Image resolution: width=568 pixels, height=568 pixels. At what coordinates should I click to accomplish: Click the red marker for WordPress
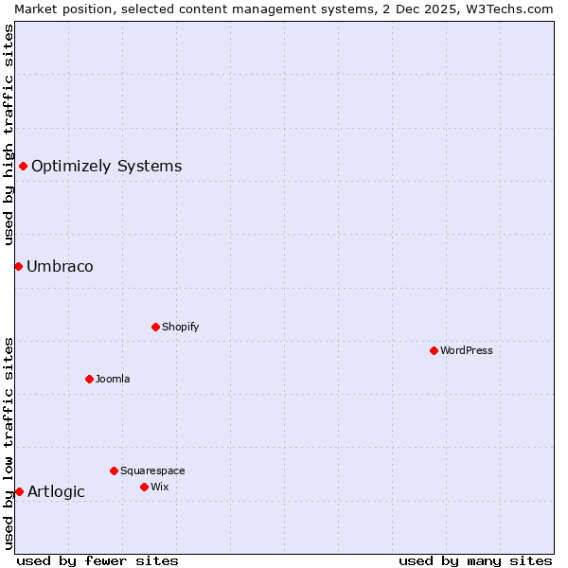(434, 350)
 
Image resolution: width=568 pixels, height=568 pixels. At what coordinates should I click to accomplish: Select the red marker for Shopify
(155, 327)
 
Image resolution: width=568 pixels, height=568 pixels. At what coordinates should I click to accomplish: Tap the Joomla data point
(89, 379)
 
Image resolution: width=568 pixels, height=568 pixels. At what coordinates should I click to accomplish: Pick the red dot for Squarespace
(114, 470)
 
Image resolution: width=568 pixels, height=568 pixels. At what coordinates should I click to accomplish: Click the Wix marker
(144, 487)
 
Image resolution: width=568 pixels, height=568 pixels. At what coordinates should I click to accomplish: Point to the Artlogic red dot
(19, 491)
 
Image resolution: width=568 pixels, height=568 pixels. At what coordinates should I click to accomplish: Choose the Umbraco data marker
(18, 266)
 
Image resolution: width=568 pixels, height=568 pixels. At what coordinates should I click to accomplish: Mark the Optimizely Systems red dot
(23, 167)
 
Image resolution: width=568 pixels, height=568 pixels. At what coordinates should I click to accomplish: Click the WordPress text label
(467, 350)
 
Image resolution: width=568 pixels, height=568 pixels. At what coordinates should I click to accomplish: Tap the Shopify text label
(180, 327)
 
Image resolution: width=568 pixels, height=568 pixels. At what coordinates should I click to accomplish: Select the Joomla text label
(113, 379)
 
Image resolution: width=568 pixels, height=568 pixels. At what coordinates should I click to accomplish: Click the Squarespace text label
(152, 470)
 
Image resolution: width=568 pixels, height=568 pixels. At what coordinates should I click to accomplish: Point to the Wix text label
(159, 487)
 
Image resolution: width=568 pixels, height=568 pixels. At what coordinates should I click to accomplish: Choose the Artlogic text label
(56, 491)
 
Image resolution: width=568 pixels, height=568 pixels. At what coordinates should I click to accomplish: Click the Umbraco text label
(60, 266)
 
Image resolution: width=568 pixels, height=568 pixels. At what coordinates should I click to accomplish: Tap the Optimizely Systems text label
(106, 167)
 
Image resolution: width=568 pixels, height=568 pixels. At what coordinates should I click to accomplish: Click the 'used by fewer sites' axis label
(98, 560)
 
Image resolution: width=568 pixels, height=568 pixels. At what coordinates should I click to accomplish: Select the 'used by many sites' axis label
(475, 560)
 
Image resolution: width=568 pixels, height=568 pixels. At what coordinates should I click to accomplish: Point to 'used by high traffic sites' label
(9, 134)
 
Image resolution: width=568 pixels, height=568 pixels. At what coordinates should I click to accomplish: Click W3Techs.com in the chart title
(507, 8)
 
